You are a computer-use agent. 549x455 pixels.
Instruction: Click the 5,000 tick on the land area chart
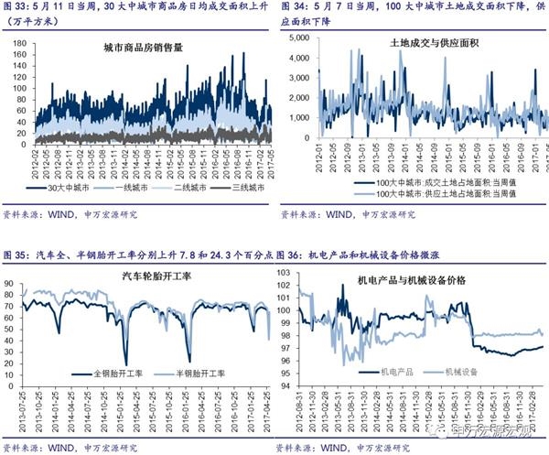coord(294,38)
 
